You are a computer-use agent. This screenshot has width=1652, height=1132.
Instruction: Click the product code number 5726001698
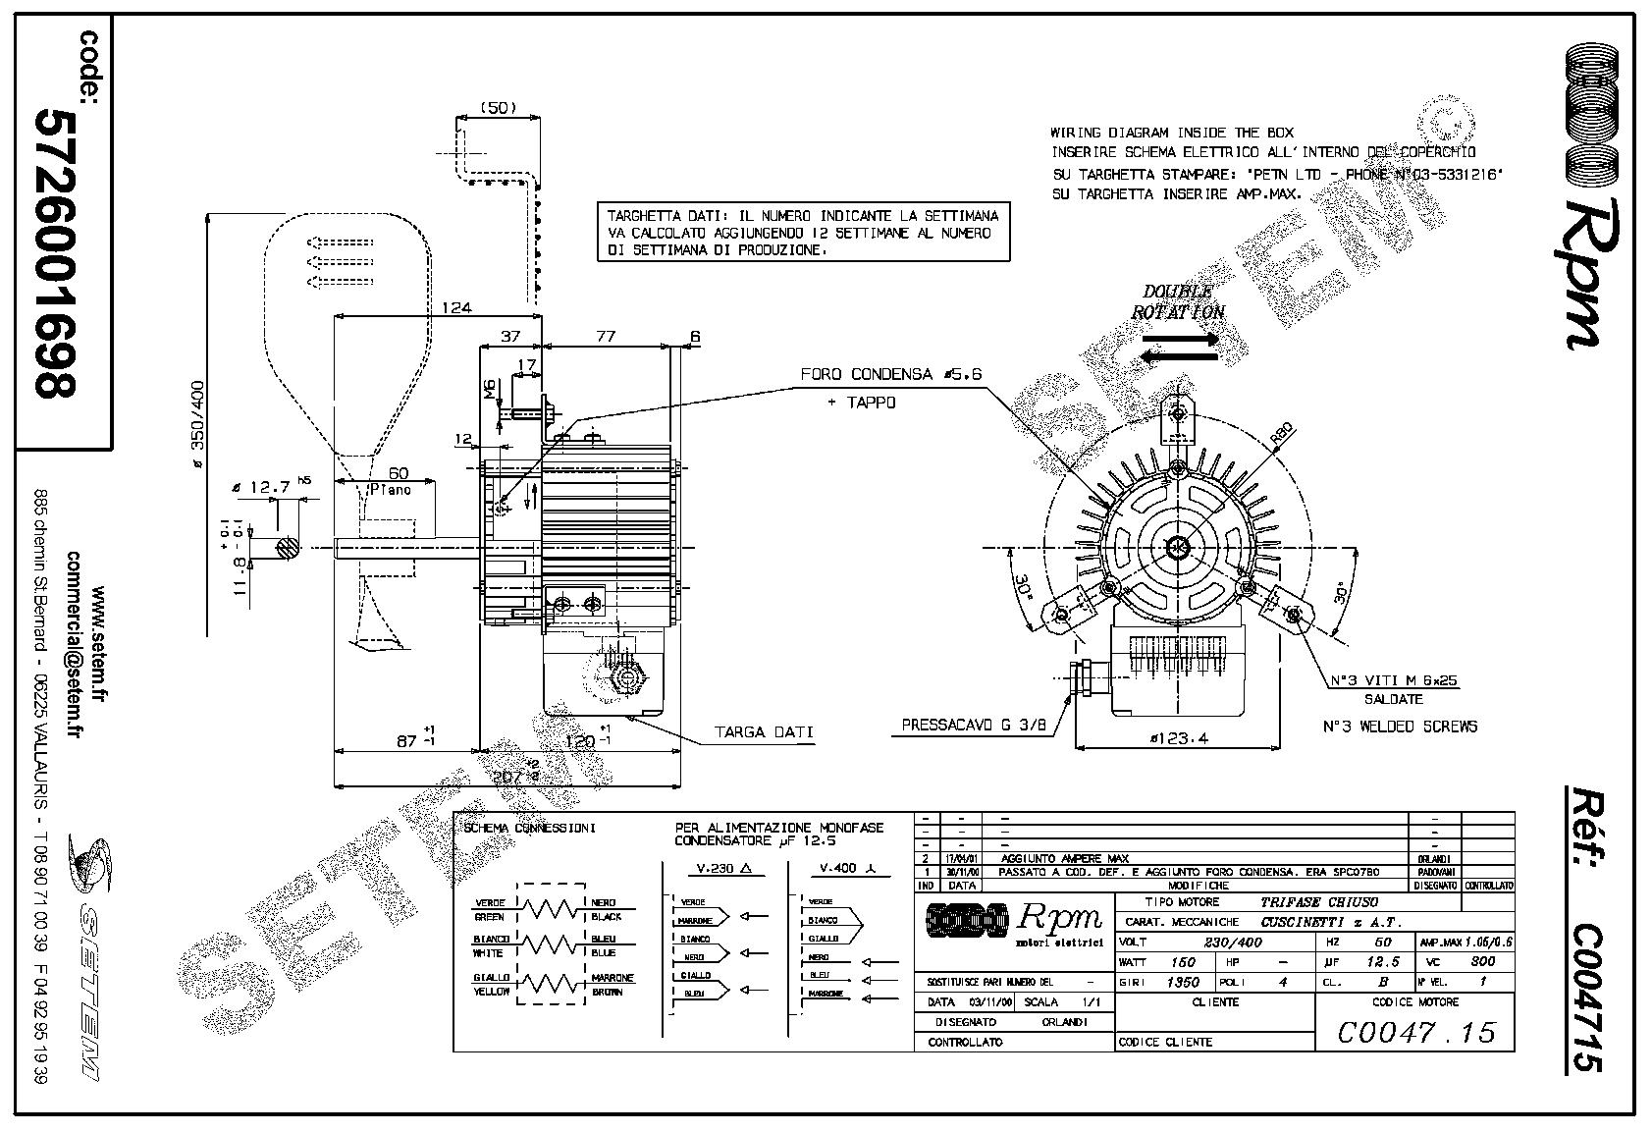point(55,252)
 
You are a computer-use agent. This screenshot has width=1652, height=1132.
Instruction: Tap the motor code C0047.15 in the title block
point(1415,1031)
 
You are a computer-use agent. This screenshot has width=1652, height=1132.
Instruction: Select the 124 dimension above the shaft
point(455,307)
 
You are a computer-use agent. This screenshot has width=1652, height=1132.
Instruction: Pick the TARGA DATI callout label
point(764,732)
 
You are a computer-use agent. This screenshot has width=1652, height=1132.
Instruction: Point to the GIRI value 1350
point(1182,982)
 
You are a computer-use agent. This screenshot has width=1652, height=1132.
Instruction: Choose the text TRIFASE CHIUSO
point(1318,901)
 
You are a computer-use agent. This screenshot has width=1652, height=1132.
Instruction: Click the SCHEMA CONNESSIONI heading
point(528,828)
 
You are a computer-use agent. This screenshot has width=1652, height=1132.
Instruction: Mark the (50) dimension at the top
point(499,108)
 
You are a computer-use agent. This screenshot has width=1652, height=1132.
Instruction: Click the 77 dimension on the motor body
point(605,337)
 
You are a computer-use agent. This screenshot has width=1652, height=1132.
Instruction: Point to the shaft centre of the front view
point(1178,547)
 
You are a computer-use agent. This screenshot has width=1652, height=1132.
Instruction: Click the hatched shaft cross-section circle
point(289,547)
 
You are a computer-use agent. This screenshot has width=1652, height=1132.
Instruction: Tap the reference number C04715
point(1582,983)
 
